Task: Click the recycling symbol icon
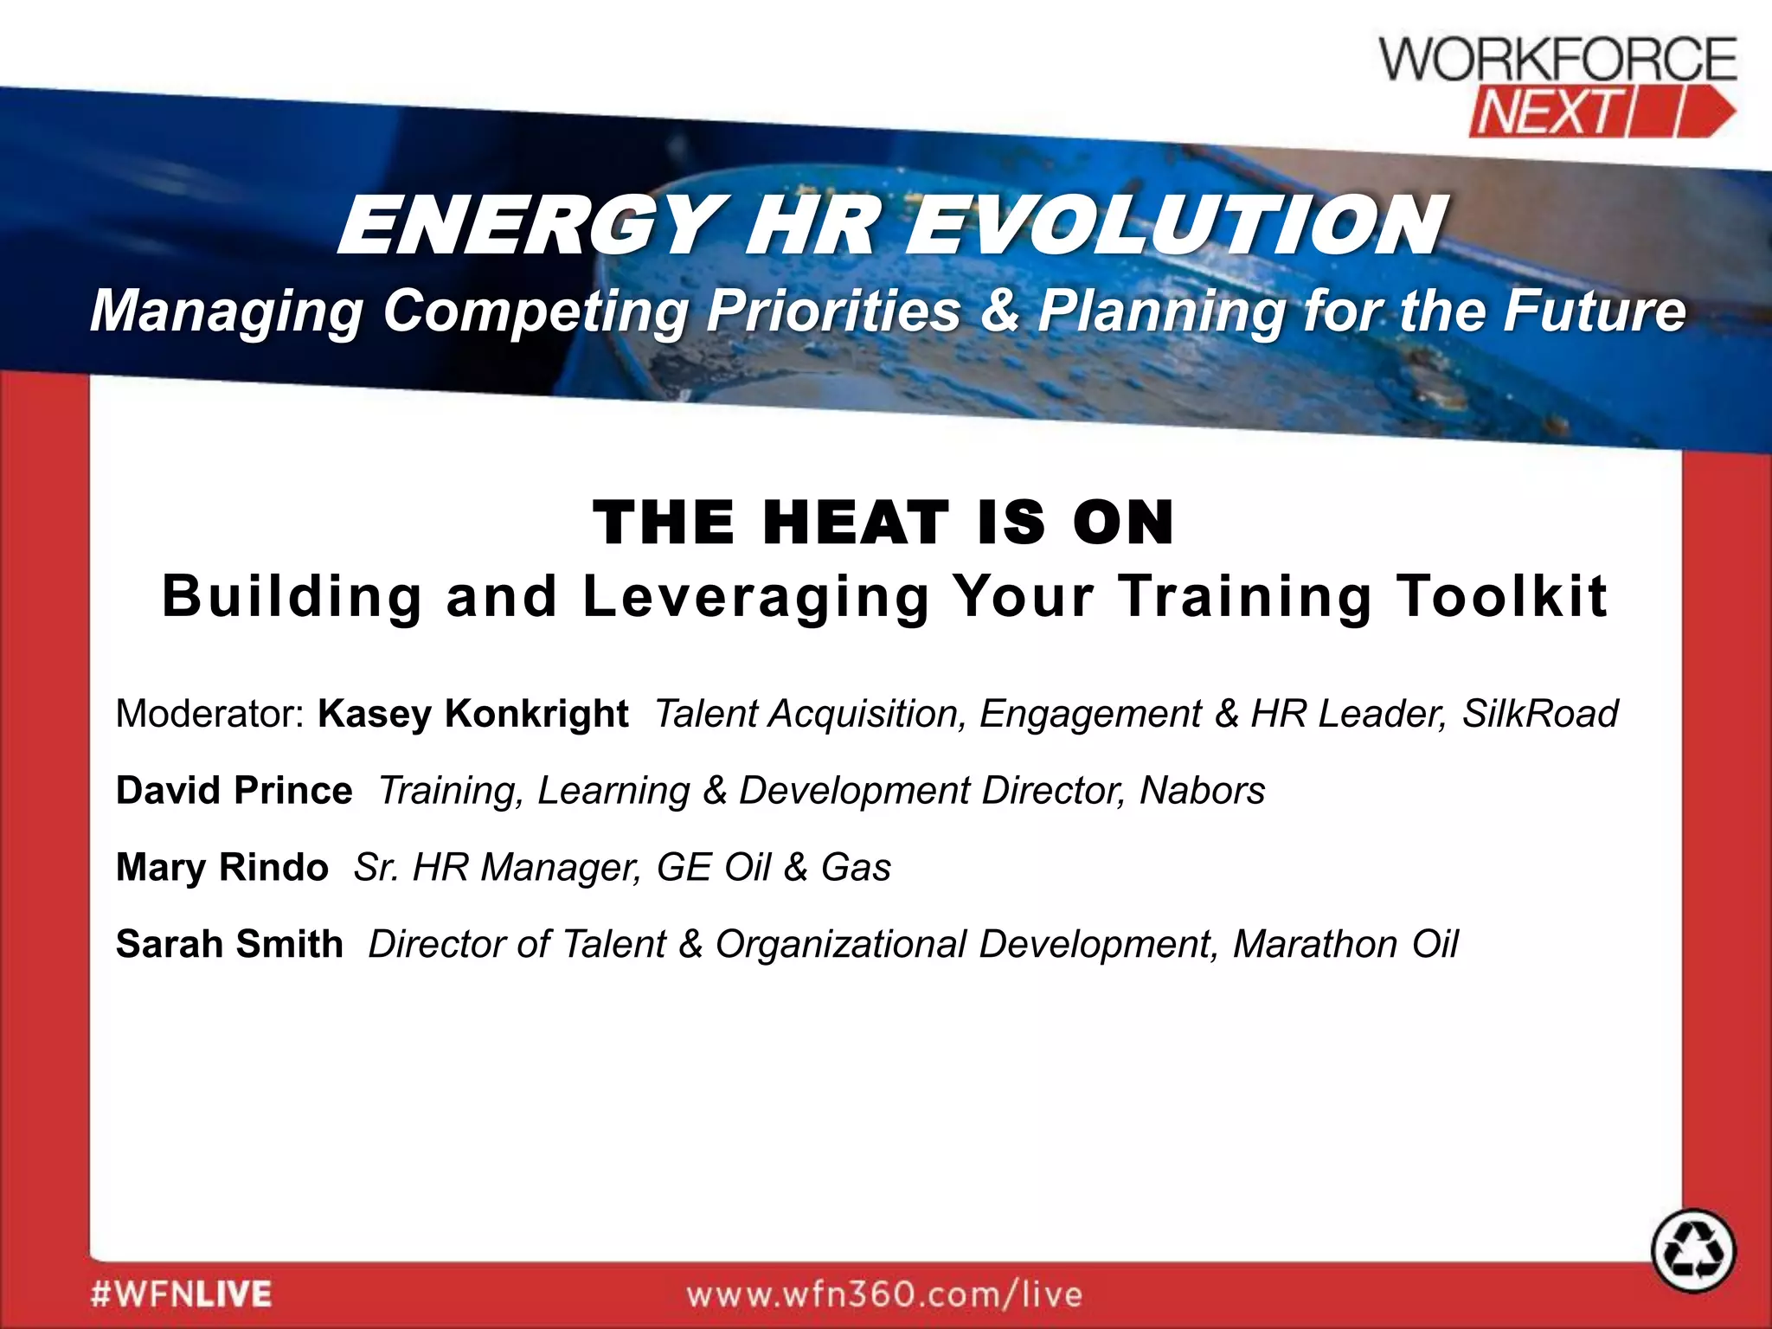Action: (1693, 1251)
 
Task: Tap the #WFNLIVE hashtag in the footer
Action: (181, 1294)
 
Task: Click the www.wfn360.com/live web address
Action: (884, 1294)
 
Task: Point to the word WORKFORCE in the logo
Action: (1557, 60)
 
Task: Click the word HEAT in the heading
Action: (856, 523)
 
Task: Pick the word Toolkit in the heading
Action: (1502, 596)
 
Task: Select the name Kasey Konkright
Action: (472, 714)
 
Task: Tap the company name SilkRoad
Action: (1540, 714)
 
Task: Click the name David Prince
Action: (234, 790)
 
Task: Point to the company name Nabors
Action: (1202, 790)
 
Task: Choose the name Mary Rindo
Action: (222, 867)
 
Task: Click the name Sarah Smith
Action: (229, 943)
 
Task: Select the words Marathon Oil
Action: (1345, 943)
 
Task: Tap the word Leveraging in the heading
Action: (756, 596)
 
